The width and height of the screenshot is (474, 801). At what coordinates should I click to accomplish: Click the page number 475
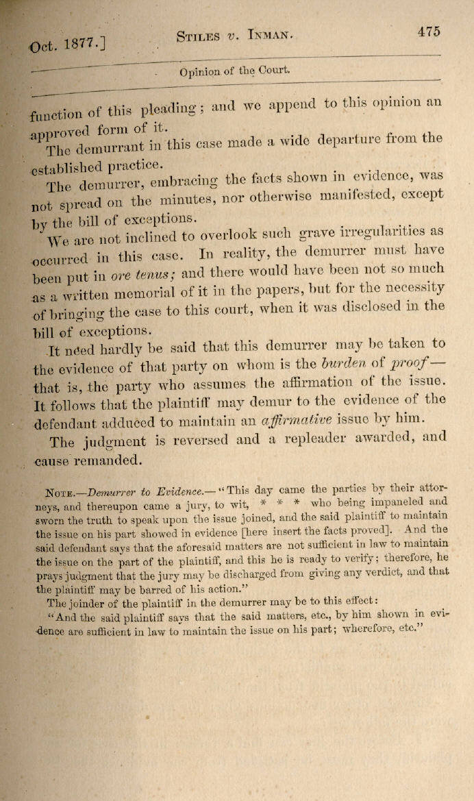point(427,32)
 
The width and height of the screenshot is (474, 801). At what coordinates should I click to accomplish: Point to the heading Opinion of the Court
point(234,71)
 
